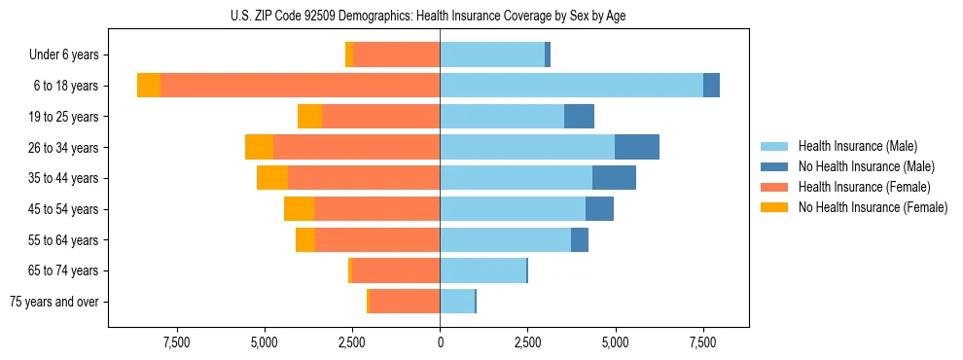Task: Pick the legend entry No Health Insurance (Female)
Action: (873, 207)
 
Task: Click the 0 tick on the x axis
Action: (440, 342)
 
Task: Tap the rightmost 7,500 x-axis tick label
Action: (703, 342)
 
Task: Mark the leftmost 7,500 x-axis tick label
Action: (176, 342)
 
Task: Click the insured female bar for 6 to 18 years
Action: (300, 86)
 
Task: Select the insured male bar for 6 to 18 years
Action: (571, 86)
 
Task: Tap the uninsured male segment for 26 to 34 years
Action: (637, 147)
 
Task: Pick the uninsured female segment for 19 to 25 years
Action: (309, 117)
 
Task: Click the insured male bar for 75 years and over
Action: (456, 302)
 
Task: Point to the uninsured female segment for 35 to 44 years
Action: (272, 178)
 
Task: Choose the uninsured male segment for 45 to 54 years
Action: (599, 209)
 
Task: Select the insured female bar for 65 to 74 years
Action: (396, 270)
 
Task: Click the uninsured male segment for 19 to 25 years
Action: (579, 117)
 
